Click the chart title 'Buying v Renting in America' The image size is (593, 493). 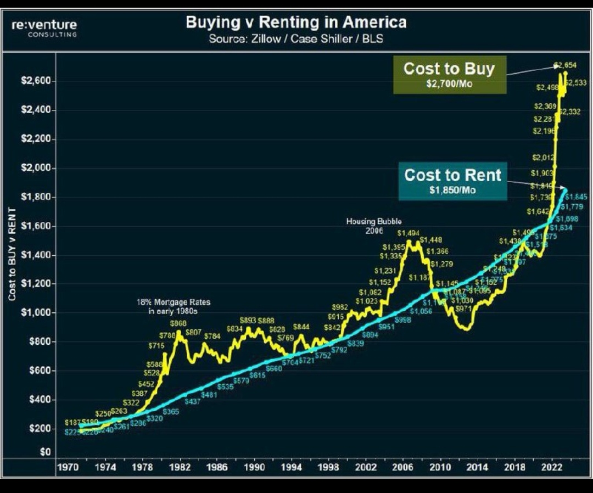(x=296, y=23)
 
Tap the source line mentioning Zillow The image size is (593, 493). (x=296, y=39)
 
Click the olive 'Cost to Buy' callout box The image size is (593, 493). (x=449, y=75)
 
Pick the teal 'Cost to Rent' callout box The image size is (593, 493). (x=452, y=181)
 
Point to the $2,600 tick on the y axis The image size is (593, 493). (x=36, y=81)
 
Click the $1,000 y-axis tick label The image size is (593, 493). (x=36, y=313)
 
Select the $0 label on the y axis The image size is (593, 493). (x=46, y=452)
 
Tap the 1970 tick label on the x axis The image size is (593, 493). (x=69, y=467)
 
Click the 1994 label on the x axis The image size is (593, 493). (x=290, y=467)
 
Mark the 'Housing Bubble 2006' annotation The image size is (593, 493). (x=373, y=226)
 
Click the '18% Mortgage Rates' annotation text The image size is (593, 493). (x=174, y=306)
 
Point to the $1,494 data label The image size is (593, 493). (x=409, y=233)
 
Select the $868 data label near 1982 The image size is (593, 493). (x=179, y=323)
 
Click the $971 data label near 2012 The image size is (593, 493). (x=463, y=309)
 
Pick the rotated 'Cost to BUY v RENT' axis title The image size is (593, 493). (x=12, y=253)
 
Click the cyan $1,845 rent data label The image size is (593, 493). (x=577, y=197)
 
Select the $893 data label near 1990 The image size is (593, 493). (x=248, y=320)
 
